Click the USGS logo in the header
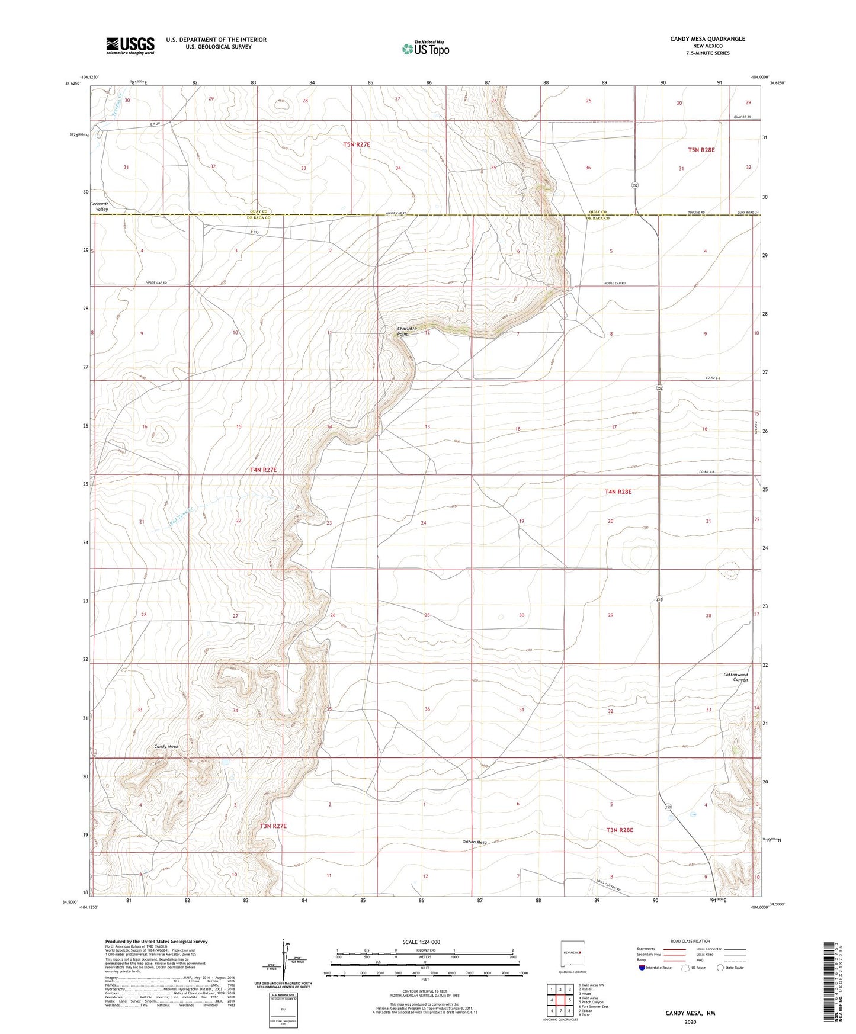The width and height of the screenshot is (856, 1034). [130, 45]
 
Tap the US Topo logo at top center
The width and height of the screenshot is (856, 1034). [425, 49]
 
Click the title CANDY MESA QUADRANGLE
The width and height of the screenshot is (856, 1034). [707, 39]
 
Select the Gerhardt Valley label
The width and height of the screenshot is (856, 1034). [100, 206]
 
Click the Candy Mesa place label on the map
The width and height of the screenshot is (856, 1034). [166, 746]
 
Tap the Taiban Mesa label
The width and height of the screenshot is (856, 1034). [475, 842]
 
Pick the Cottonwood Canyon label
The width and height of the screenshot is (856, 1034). [736, 677]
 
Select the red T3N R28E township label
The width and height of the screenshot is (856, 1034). [619, 830]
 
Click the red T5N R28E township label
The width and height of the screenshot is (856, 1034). [701, 150]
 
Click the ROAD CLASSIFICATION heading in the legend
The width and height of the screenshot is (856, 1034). [690, 941]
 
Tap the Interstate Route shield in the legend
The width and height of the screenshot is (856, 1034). [643, 967]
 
